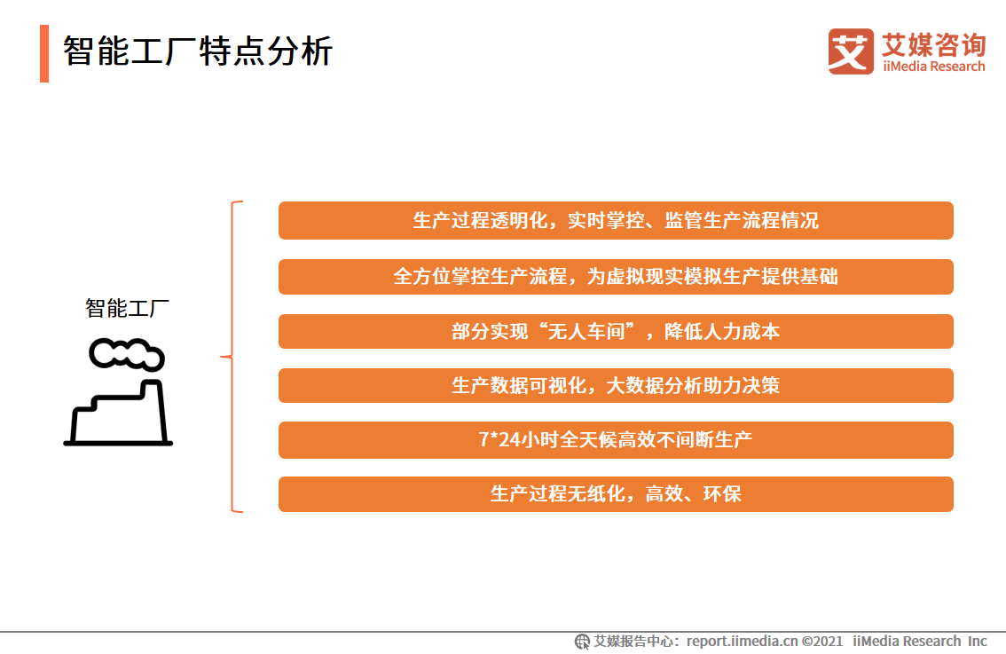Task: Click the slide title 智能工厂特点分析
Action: pos(198,51)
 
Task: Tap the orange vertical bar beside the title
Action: pos(44,53)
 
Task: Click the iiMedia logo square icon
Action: pos(851,51)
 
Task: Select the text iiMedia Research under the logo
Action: pos(934,67)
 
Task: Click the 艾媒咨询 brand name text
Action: pos(934,45)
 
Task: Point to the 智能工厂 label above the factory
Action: pos(127,308)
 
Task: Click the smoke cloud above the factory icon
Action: pos(127,354)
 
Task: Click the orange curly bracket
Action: pos(232,356)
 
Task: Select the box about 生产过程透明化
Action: pos(616,220)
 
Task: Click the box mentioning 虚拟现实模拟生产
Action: pos(616,277)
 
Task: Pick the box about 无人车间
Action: pos(616,331)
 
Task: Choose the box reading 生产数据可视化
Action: pos(616,385)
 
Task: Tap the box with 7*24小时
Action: pos(616,439)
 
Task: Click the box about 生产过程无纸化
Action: pos(616,493)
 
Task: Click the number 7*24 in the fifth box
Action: pos(499,439)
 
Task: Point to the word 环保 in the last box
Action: pos(722,493)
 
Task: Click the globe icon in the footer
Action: pos(582,642)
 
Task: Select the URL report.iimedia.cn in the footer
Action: pos(743,642)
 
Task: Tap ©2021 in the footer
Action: pos(822,642)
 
